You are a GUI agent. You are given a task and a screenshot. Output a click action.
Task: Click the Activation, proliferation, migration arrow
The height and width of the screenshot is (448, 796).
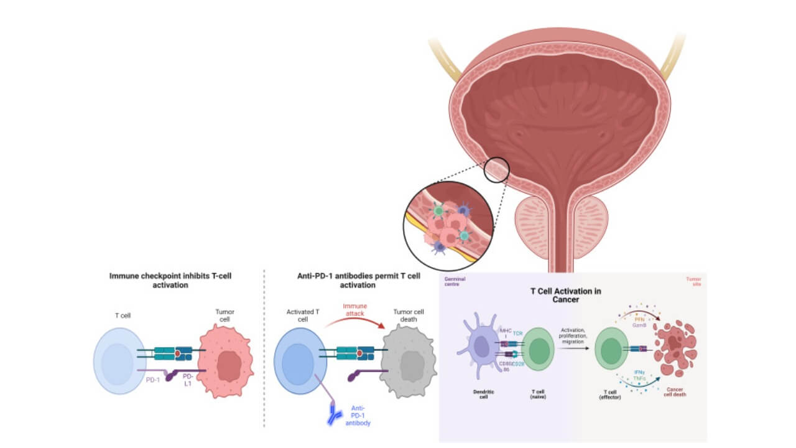pyautogui.click(x=574, y=348)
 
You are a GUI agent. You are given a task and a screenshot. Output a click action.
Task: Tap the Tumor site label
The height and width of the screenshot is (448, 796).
pyautogui.click(x=693, y=282)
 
